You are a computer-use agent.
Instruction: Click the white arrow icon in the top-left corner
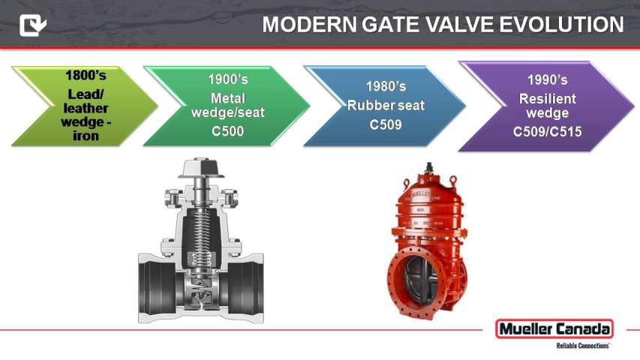click(x=33, y=25)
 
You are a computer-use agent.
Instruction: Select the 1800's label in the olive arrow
click(x=86, y=76)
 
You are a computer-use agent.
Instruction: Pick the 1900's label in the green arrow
click(x=228, y=79)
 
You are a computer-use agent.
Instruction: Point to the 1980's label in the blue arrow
click(x=386, y=86)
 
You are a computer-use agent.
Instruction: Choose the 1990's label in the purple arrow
click(x=548, y=79)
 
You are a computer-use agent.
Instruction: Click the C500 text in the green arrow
click(x=228, y=131)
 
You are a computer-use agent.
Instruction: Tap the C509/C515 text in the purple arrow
click(x=548, y=132)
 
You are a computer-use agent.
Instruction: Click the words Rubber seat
click(x=386, y=105)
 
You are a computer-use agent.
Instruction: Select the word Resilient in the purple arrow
click(x=548, y=99)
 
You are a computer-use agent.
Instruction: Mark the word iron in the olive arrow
click(x=86, y=136)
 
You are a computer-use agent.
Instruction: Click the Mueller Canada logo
click(x=554, y=329)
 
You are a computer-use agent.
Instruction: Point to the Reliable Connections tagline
click(x=583, y=346)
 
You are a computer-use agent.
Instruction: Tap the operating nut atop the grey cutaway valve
click(x=201, y=167)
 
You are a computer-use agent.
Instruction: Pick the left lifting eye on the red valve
click(x=406, y=183)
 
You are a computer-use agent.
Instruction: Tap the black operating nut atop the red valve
click(x=428, y=167)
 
